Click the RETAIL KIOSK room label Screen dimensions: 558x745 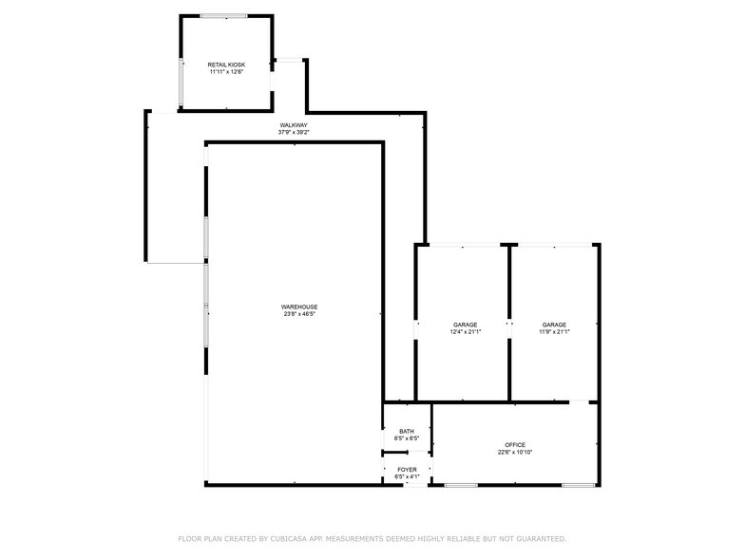click(226, 65)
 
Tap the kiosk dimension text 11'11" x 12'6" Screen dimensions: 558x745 click(226, 71)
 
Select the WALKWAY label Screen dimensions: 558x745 click(293, 125)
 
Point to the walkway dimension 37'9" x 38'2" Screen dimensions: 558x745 click(293, 132)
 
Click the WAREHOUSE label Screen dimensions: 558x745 click(298, 307)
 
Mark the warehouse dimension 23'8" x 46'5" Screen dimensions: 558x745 click(298, 314)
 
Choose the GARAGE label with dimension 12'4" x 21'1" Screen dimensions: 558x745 click(465, 325)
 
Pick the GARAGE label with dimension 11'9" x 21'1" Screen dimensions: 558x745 click(555, 325)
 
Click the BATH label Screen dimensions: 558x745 click(407, 432)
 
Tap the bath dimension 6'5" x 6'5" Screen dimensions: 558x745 click(407, 438)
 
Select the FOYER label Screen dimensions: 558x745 click(407, 470)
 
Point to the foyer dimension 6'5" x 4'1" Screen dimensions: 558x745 click(407, 476)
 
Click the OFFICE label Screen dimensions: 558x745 click(515, 445)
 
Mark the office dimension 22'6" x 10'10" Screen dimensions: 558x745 click(515, 452)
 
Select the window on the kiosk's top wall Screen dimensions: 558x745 click(226, 15)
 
